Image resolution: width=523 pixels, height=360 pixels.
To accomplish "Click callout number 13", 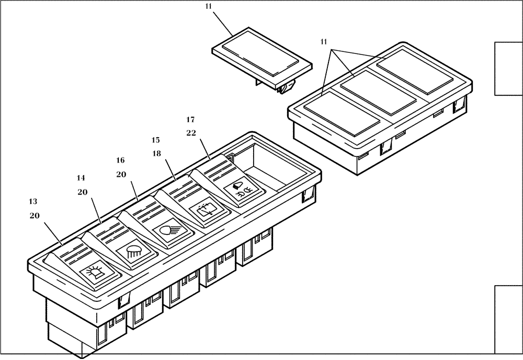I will [33, 201].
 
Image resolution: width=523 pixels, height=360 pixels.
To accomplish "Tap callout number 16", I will [121, 160].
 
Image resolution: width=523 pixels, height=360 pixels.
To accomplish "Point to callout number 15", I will [156, 140].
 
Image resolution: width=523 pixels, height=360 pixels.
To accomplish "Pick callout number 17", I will [191, 119].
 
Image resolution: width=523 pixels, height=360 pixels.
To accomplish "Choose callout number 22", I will [191, 133].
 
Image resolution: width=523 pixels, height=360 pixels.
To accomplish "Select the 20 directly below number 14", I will [82, 192].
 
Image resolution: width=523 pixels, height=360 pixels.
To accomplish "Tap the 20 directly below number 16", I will [121, 174].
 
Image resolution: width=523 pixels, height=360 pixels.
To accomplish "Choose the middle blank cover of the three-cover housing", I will [371, 92].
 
